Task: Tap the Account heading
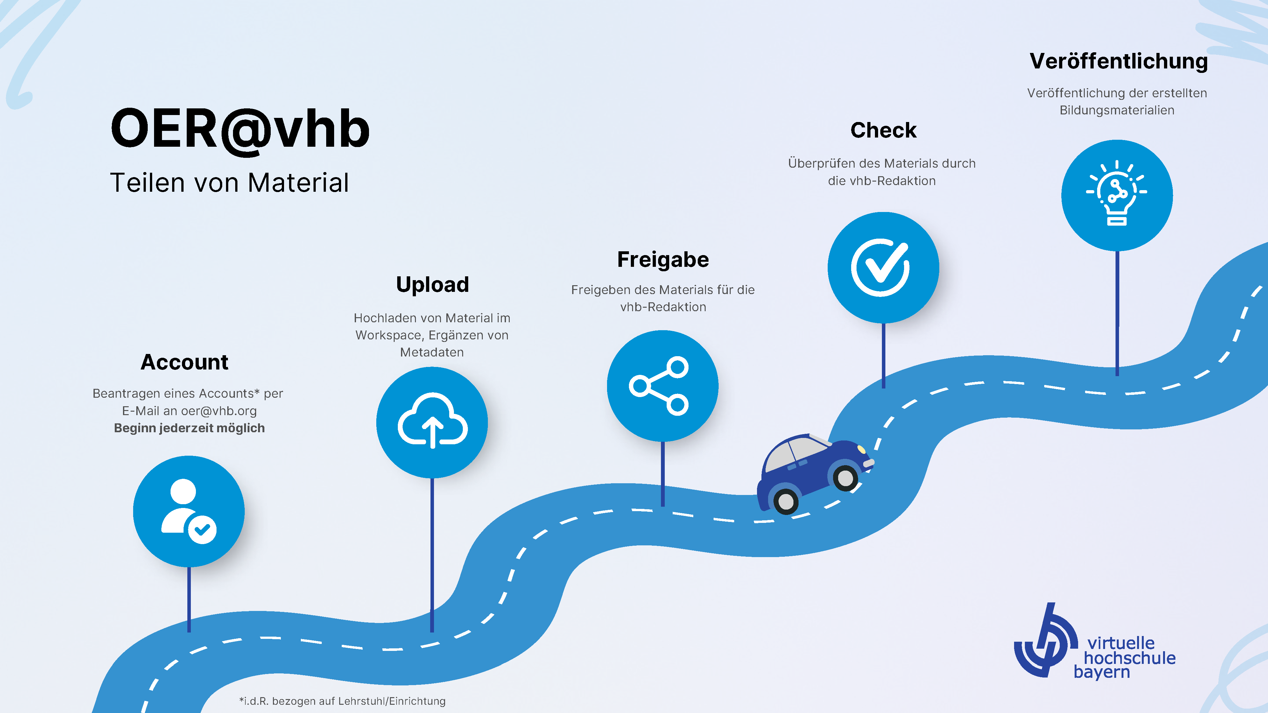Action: (x=184, y=362)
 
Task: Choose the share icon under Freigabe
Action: (x=659, y=386)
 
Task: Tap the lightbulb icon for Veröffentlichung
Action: (x=1116, y=193)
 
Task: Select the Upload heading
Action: (x=433, y=285)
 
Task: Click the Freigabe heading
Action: (x=663, y=260)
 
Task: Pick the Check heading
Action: (x=883, y=130)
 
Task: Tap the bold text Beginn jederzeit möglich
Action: (x=190, y=428)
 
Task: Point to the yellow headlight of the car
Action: (x=861, y=449)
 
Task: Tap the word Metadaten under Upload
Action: (x=432, y=352)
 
